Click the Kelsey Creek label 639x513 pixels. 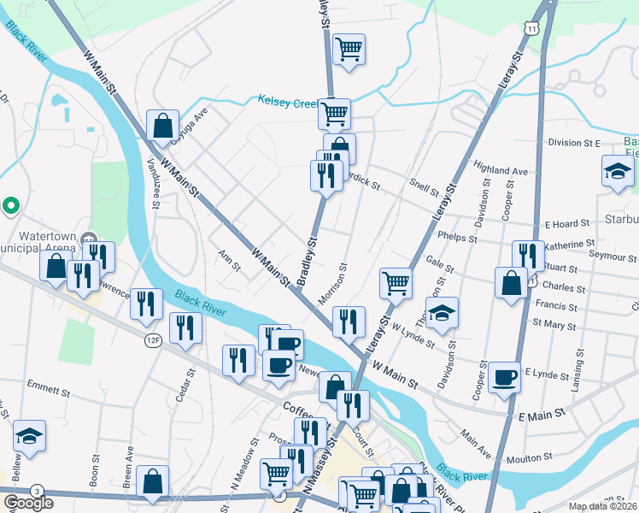pyautogui.click(x=287, y=101)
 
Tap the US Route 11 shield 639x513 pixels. pyautogui.click(x=532, y=29)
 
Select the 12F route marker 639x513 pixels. pyautogui.click(x=153, y=340)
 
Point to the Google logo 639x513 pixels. pyautogui.click(x=28, y=503)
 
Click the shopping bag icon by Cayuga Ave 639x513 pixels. pyautogui.click(x=162, y=126)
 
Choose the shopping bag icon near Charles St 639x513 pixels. pyautogui.click(x=511, y=284)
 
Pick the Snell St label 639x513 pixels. pyautogui.click(x=423, y=186)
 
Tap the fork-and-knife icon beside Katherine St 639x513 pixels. pyautogui.click(x=528, y=256)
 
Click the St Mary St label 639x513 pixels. pyautogui.click(x=554, y=324)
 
